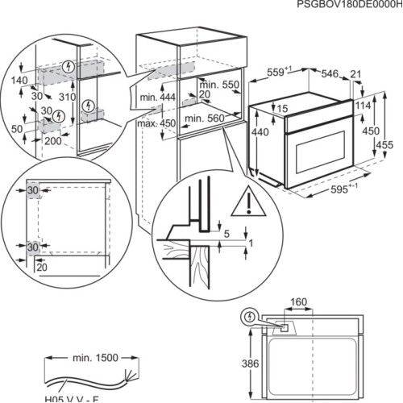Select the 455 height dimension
click(385, 144)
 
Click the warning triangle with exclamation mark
click(243, 203)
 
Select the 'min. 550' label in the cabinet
click(219, 85)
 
